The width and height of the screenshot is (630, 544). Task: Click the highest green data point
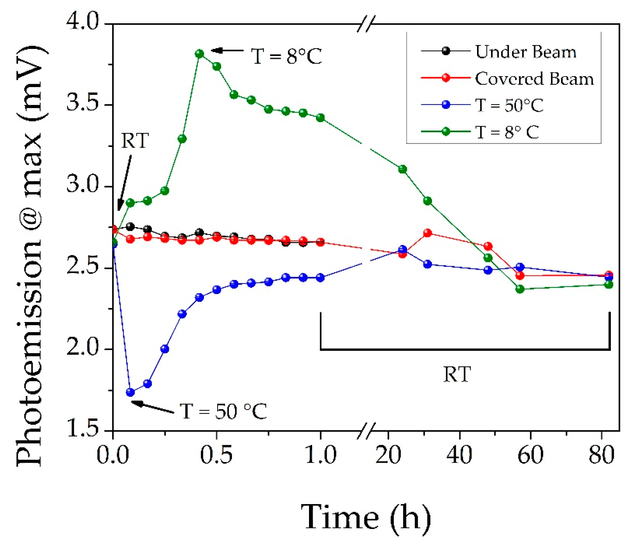pos(199,54)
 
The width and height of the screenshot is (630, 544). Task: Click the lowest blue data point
pos(130,392)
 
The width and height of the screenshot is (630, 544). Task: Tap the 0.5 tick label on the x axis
pos(216,455)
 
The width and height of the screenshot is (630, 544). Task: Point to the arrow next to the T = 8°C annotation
pos(227,50)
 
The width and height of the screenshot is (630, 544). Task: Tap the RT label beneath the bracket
pos(457,375)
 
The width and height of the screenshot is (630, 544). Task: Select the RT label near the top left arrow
pos(135,141)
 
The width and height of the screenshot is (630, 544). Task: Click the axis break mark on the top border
pos(366,24)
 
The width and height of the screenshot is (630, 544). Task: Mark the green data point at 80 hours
pos(608,284)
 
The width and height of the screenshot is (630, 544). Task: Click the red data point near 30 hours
pos(427,233)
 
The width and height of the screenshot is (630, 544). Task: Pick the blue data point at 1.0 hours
pos(320,278)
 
